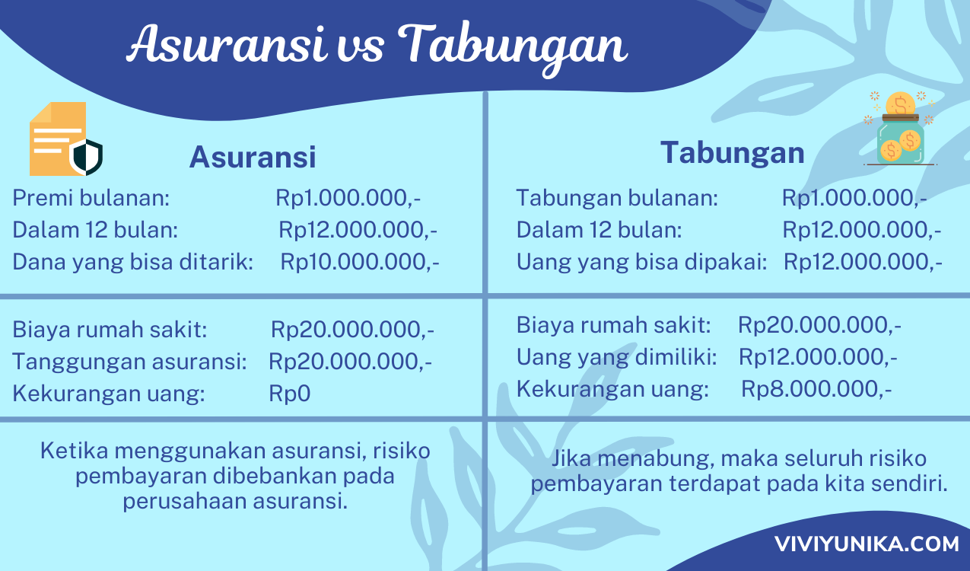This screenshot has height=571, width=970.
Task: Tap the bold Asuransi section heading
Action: coord(253,156)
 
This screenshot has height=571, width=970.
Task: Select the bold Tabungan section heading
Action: coord(733,152)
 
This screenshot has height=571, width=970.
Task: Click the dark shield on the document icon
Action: coord(87,157)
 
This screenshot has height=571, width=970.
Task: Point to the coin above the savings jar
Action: coord(900,104)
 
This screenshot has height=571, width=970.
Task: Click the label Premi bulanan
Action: coord(91,198)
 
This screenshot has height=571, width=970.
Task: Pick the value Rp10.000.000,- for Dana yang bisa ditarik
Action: coord(360,262)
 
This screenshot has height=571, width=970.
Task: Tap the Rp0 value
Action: coord(289,394)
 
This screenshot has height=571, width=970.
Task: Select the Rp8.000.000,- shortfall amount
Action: coord(816,388)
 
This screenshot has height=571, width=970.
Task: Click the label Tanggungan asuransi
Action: coord(129,362)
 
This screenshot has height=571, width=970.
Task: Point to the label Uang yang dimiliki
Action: coord(617,357)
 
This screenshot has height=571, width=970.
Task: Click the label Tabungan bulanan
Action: coord(617,198)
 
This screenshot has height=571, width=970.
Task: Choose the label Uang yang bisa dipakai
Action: coord(642,262)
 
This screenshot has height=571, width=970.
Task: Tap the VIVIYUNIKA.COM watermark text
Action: coord(867,544)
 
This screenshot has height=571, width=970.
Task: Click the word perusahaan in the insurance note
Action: coord(185,501)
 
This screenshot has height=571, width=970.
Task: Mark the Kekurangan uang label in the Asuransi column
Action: coord(109,394)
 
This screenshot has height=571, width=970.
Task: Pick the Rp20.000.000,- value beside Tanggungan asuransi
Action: coord(350,362)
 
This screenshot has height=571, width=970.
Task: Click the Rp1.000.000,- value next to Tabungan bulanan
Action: coord(854,198)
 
